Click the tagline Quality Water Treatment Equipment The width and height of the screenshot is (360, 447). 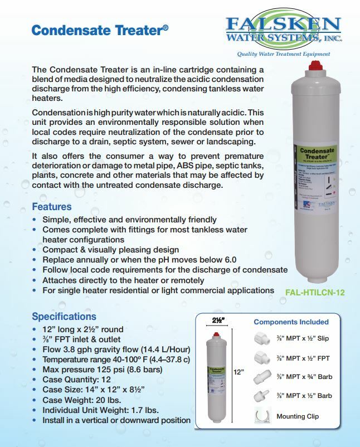pos(283,54)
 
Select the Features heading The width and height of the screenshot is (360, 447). pos(52,207)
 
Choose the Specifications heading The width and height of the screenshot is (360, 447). pos(64,317)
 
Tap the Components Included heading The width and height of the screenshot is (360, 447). pos(291,322)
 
